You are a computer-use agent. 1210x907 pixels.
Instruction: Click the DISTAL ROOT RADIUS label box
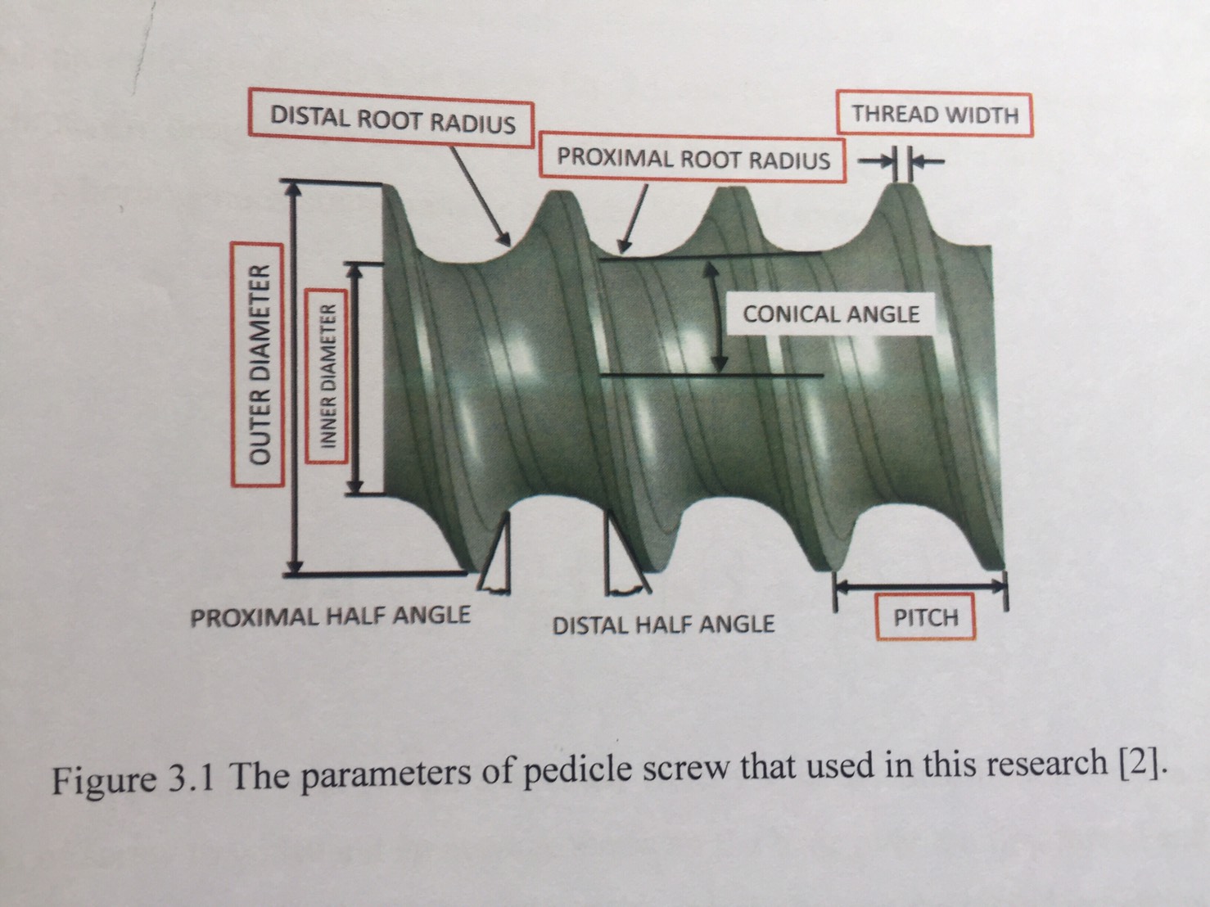(x=392, y=121)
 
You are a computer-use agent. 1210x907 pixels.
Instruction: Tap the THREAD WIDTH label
(x=934, y=115)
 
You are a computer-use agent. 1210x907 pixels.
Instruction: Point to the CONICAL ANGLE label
(x=830, y=314)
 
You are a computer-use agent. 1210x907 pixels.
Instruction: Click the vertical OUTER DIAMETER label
(x=260, y=363)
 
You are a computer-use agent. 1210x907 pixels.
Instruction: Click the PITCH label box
(x=925, y=617)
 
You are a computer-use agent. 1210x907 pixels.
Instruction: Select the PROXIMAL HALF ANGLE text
(x=330, y=615)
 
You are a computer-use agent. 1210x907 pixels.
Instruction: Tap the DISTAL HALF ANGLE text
(x=663, y=625)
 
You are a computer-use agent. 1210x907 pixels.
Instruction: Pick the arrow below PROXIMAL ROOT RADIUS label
(x=634, y=217)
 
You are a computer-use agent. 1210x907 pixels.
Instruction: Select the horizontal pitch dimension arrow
(x=919, y=585)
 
